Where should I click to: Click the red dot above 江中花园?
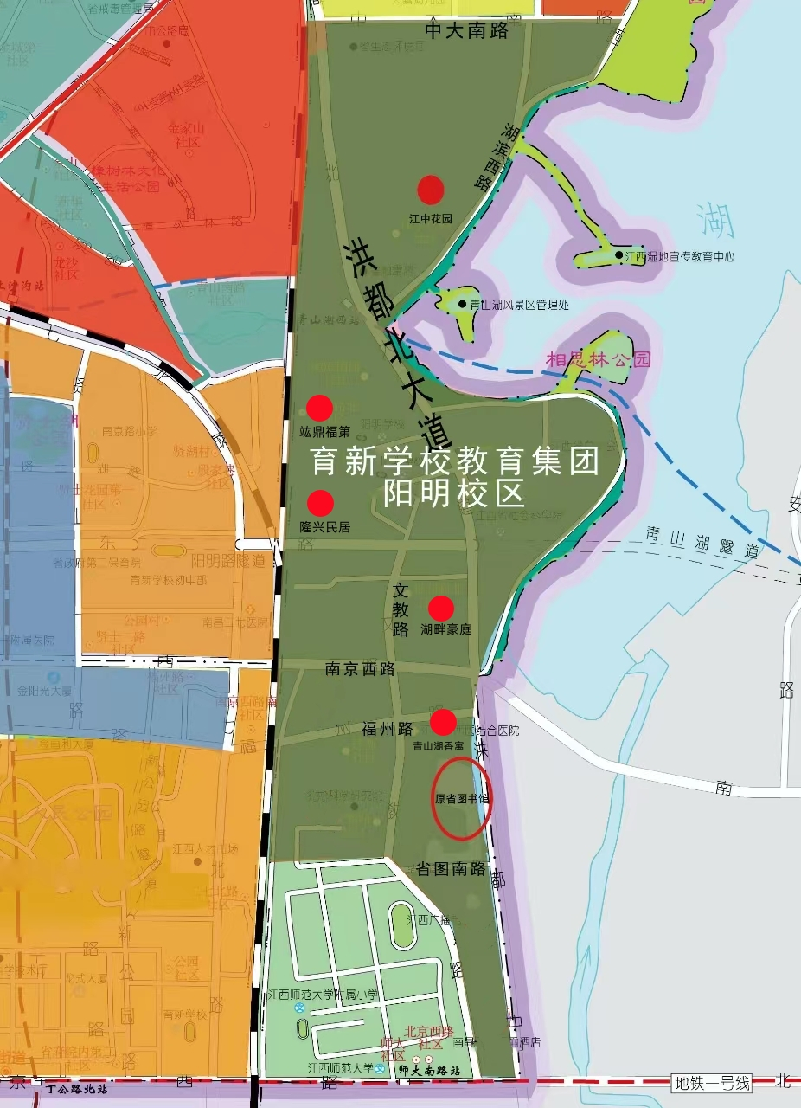(431, 189)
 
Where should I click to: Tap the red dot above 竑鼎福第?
(320, 407)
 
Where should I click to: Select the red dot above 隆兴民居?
(321, 502)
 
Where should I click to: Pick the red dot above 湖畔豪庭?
(441, 609)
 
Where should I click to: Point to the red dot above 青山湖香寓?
(443, 722)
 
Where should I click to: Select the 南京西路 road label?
(360, 669)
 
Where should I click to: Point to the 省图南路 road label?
(451, 870)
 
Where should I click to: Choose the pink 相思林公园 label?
(598, 359)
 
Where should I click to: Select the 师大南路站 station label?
(430, 1070)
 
